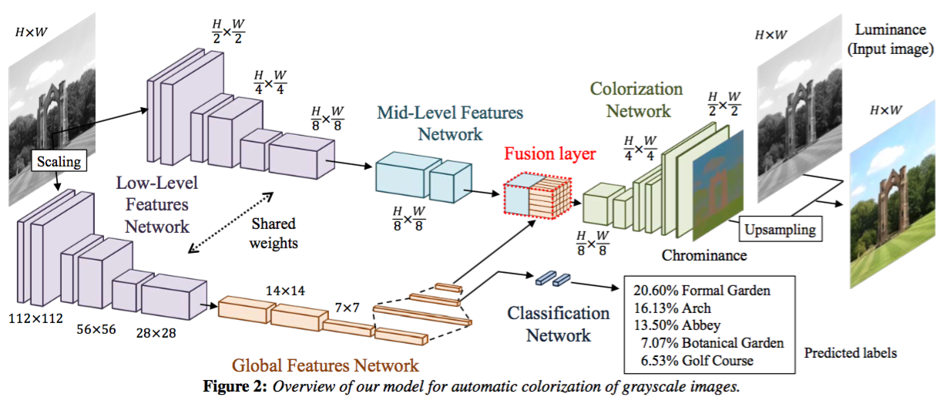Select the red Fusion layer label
[550, 153]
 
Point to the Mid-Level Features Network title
[450, 123]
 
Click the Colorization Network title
[636, 100]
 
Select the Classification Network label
[558, 324]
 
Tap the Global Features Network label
[326, 365]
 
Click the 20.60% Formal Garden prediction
[702, 291]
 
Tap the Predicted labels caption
[851, 353]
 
